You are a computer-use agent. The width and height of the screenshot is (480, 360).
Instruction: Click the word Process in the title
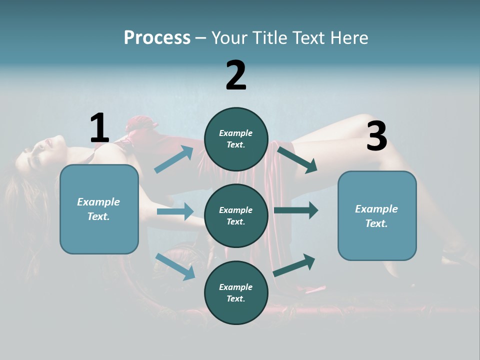157,38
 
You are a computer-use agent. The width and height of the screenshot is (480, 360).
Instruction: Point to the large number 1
99,128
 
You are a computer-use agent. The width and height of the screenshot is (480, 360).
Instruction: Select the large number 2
236,75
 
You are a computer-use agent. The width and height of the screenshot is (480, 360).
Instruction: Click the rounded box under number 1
99,209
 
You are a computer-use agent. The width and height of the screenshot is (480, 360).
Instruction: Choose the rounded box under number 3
377,216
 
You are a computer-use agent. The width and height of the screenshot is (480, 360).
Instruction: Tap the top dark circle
236,139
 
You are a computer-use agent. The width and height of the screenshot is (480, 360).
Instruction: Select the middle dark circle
236,216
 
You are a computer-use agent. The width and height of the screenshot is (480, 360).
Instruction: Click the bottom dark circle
236,293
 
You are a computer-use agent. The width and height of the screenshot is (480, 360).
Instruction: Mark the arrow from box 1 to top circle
174,159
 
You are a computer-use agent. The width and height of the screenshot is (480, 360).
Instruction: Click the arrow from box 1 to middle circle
175,211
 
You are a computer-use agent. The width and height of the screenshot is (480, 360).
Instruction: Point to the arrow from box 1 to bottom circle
175,266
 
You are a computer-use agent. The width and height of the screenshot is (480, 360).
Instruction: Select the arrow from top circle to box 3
297,159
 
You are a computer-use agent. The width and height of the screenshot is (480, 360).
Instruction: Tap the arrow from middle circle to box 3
296,210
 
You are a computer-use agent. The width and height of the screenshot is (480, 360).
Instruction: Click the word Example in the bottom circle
236,287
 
